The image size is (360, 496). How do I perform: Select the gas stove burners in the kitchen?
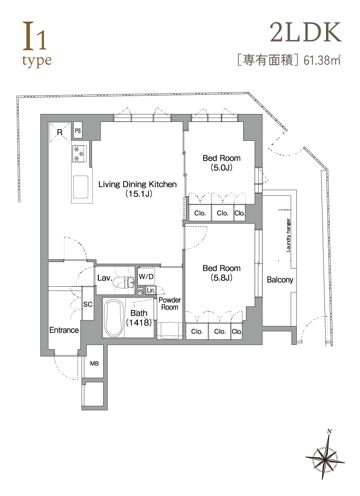coord(79,154)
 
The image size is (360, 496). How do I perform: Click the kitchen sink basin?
coord(80,187)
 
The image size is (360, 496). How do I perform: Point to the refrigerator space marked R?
coord(60,132)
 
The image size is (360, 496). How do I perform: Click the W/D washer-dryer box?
coord(146,276)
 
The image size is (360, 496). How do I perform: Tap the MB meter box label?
coord(94,363)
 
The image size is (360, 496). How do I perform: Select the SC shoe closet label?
coord(88,304)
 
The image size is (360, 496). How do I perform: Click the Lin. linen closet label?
coord(151,290)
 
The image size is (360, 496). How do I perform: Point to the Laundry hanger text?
coord(288,235)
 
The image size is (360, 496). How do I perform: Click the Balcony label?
coord(280,280)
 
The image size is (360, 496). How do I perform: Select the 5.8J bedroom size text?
coord(222,278)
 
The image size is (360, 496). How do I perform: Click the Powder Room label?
coord(170,304)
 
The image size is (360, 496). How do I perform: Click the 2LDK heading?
coord(306,32)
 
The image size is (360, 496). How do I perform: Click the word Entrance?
coord(64,330)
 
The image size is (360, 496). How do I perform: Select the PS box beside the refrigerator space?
coord(78,130)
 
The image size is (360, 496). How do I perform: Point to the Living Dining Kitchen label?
coord(138,184)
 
